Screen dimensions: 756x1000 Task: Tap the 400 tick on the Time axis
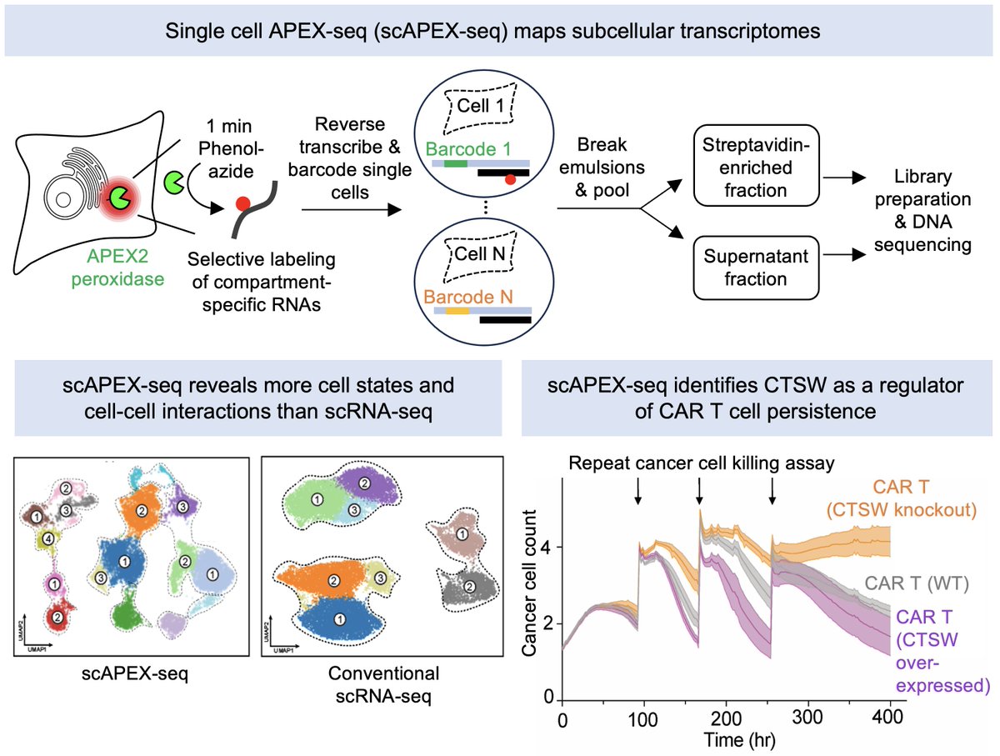(x=890, y=718)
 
